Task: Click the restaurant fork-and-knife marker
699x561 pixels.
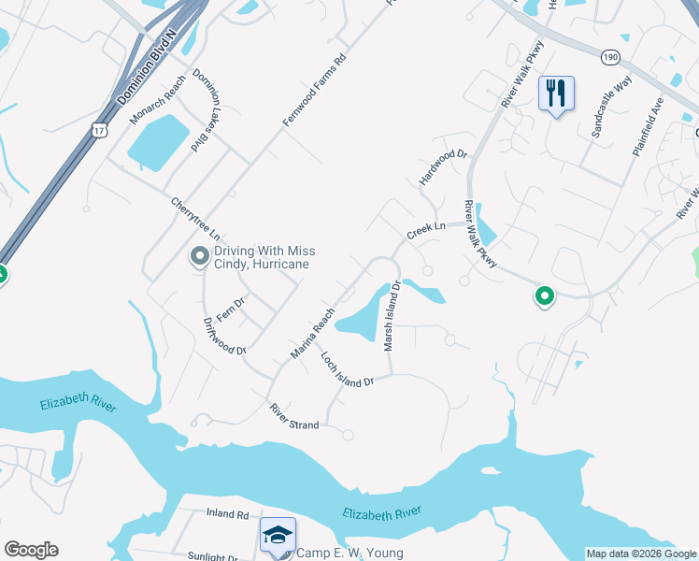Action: click(556, 93)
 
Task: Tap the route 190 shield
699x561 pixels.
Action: click(610, 56)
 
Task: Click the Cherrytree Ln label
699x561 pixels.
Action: click(199, 218)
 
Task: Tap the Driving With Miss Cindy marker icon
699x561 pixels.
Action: click(199, 256)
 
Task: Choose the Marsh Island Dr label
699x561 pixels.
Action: click(392, 316)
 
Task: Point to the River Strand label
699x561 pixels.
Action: click(294, 417)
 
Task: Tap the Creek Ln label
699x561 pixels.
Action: click(424, 229)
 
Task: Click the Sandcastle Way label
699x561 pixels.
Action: click(612, 115)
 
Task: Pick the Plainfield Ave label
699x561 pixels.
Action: click(647, 126)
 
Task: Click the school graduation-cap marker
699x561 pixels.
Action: click(278, 536)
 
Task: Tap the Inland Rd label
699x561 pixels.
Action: click(228, 514)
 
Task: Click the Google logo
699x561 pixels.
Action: click(31, 550)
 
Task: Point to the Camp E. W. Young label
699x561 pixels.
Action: click(349, 554)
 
